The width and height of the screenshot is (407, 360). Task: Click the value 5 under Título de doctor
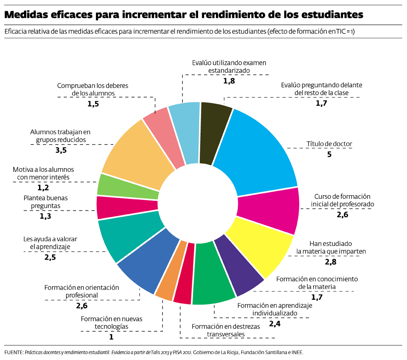coord(329,155)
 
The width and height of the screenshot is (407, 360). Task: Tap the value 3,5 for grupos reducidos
coord(61,150)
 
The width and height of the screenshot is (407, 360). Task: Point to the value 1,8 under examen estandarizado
coord(229,81)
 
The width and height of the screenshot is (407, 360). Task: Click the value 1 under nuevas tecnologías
coord(111,337)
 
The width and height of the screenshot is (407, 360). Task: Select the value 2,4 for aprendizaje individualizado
coord(275,323)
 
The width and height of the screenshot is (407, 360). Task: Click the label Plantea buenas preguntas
coord(45,201)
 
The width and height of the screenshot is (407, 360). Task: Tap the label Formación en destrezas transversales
coord(226,330)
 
